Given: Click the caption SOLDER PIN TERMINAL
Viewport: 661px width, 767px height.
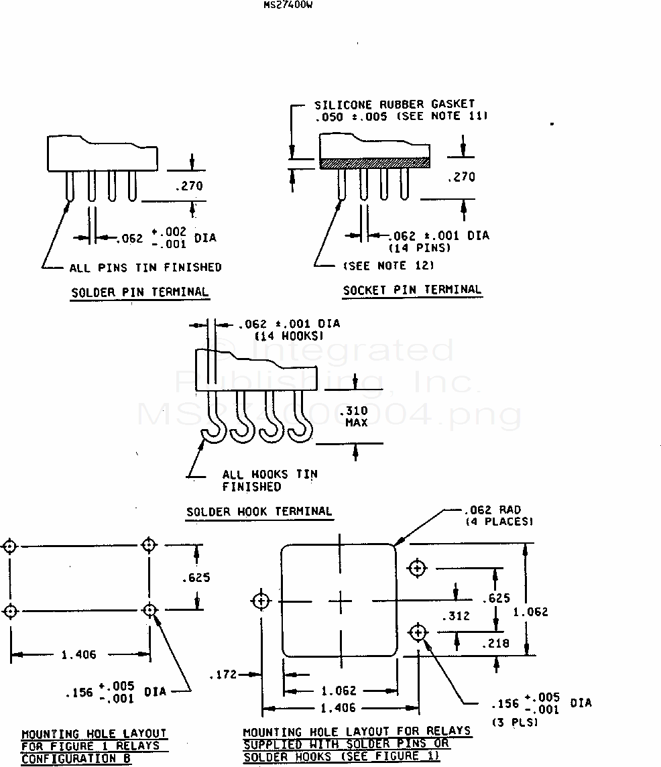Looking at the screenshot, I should [140, 292].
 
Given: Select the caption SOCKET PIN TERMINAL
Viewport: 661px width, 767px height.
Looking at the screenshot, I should [412, 290].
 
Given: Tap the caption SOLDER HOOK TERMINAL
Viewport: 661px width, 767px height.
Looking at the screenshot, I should [259, 512].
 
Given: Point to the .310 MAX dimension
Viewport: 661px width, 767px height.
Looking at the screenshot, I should [355, 416].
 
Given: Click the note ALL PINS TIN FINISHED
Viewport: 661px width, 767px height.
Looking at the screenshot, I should [145, 268].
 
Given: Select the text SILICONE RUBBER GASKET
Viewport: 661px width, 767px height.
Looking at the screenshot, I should [394, 105].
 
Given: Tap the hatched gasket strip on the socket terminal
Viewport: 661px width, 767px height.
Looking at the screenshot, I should [374, 163].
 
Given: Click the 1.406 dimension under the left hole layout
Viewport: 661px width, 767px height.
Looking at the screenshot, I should [78, 655].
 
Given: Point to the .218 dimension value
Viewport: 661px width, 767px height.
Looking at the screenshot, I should [495, 644].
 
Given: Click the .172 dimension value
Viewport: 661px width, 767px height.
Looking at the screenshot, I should [223, 674].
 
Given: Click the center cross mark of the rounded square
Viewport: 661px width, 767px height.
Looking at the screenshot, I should [340, 601].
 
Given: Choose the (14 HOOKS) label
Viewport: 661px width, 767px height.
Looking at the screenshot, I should [290, 336].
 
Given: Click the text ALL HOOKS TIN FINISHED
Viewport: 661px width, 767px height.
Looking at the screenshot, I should [269, 480].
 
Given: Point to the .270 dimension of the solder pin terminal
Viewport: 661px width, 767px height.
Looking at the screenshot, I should [189, 186].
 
